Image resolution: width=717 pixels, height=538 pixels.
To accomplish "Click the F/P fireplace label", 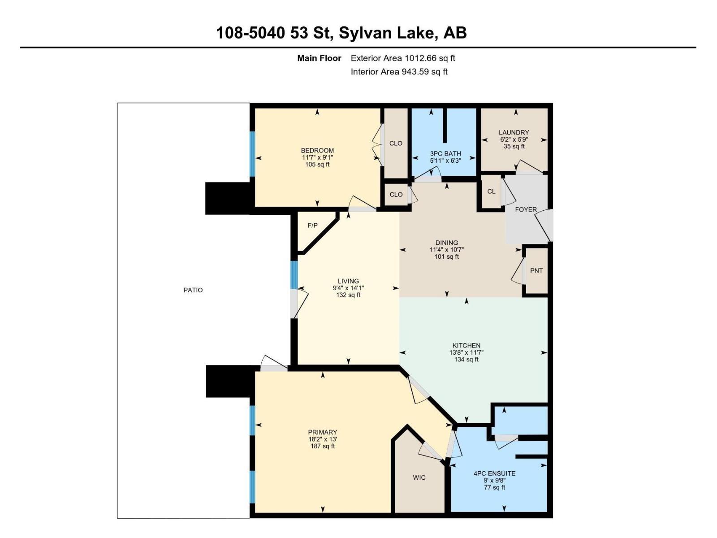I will click(312, 226).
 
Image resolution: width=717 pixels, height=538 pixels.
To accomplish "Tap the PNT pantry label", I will click(536, 271).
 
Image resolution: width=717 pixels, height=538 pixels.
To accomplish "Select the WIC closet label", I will click(419, 477).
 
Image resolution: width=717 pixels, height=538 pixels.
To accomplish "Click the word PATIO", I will click(193, 290).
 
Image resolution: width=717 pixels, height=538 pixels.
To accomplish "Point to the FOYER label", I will click(526, 209).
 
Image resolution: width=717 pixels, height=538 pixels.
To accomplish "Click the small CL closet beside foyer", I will click(491, 191).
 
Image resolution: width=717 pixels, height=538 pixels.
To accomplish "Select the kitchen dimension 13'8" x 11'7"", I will click(466, 352).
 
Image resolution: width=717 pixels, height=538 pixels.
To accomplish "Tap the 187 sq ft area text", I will click(322, 446).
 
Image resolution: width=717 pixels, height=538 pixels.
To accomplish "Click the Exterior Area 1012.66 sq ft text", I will click(403, 58).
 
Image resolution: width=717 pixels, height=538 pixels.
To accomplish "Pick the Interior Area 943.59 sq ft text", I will click(399, 72).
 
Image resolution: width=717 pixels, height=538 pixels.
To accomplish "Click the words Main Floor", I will click(319, 58).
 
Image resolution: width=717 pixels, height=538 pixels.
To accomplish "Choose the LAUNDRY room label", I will click(514, 132).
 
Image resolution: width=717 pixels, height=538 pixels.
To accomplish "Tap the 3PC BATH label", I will click(445, 153).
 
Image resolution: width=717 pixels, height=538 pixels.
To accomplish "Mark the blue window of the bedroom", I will click(252, 153).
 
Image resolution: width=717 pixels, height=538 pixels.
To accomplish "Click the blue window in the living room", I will click(294, 274).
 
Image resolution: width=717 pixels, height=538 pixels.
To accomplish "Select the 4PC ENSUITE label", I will click(494, 473).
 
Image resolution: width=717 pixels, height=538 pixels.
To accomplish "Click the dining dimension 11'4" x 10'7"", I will click(446, 250).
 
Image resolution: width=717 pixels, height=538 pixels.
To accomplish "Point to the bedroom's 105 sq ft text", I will click(317, 165).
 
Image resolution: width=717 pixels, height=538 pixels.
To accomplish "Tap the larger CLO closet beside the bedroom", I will click(396, 143).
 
